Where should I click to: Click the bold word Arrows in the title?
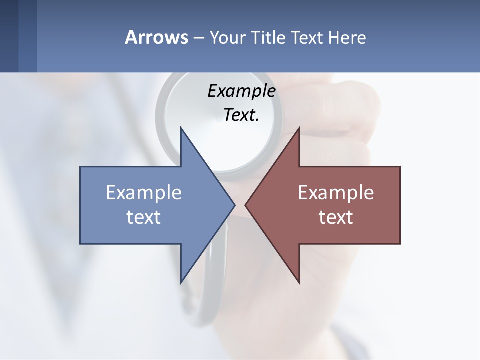coord(156,38)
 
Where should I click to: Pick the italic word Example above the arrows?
coord(241,91)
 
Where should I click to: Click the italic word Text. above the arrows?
coord(241,115)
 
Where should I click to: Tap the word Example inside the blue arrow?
coord(144,193)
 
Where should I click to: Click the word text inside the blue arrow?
coord(144,217)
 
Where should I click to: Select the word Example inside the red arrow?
coord(336,193)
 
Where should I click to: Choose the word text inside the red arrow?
coord(336,217)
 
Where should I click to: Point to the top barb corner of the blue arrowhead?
coord(181,128)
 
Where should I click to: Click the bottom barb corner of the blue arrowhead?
coord(181,282)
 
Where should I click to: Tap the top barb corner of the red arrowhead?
coord(299,128)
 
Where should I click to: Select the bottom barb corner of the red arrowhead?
coord(299,282)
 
